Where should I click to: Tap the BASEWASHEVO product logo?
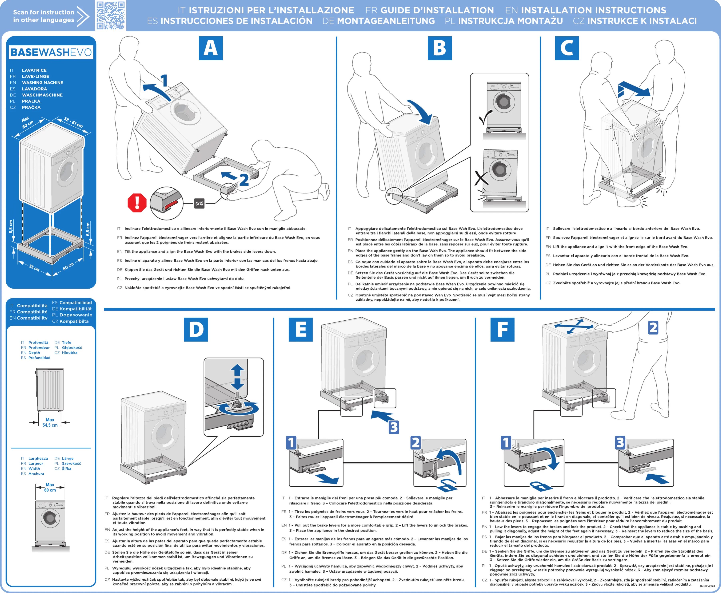(51, 52)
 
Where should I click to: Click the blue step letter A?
(211, 48)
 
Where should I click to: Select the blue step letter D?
(196, 329)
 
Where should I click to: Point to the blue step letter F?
(502, 329)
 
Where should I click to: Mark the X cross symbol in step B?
(481, 178)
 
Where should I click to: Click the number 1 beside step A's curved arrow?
(164, 81)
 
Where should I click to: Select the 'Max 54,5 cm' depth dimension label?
(50, 422)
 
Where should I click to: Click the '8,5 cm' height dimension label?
(11, 226)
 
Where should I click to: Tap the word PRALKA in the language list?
(31, 101)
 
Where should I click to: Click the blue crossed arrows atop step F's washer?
(574, 327)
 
